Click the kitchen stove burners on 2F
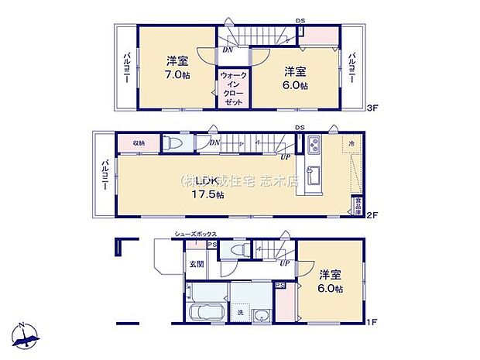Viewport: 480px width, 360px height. tap(314, 143)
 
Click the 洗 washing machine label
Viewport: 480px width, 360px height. tap(238, 313)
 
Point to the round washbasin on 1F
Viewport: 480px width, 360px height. tap(262, 314)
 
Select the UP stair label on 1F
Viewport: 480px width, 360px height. tap(284, 263)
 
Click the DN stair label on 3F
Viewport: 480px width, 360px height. tap(227, 50)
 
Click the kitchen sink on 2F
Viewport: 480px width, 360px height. tap(314, 171)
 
